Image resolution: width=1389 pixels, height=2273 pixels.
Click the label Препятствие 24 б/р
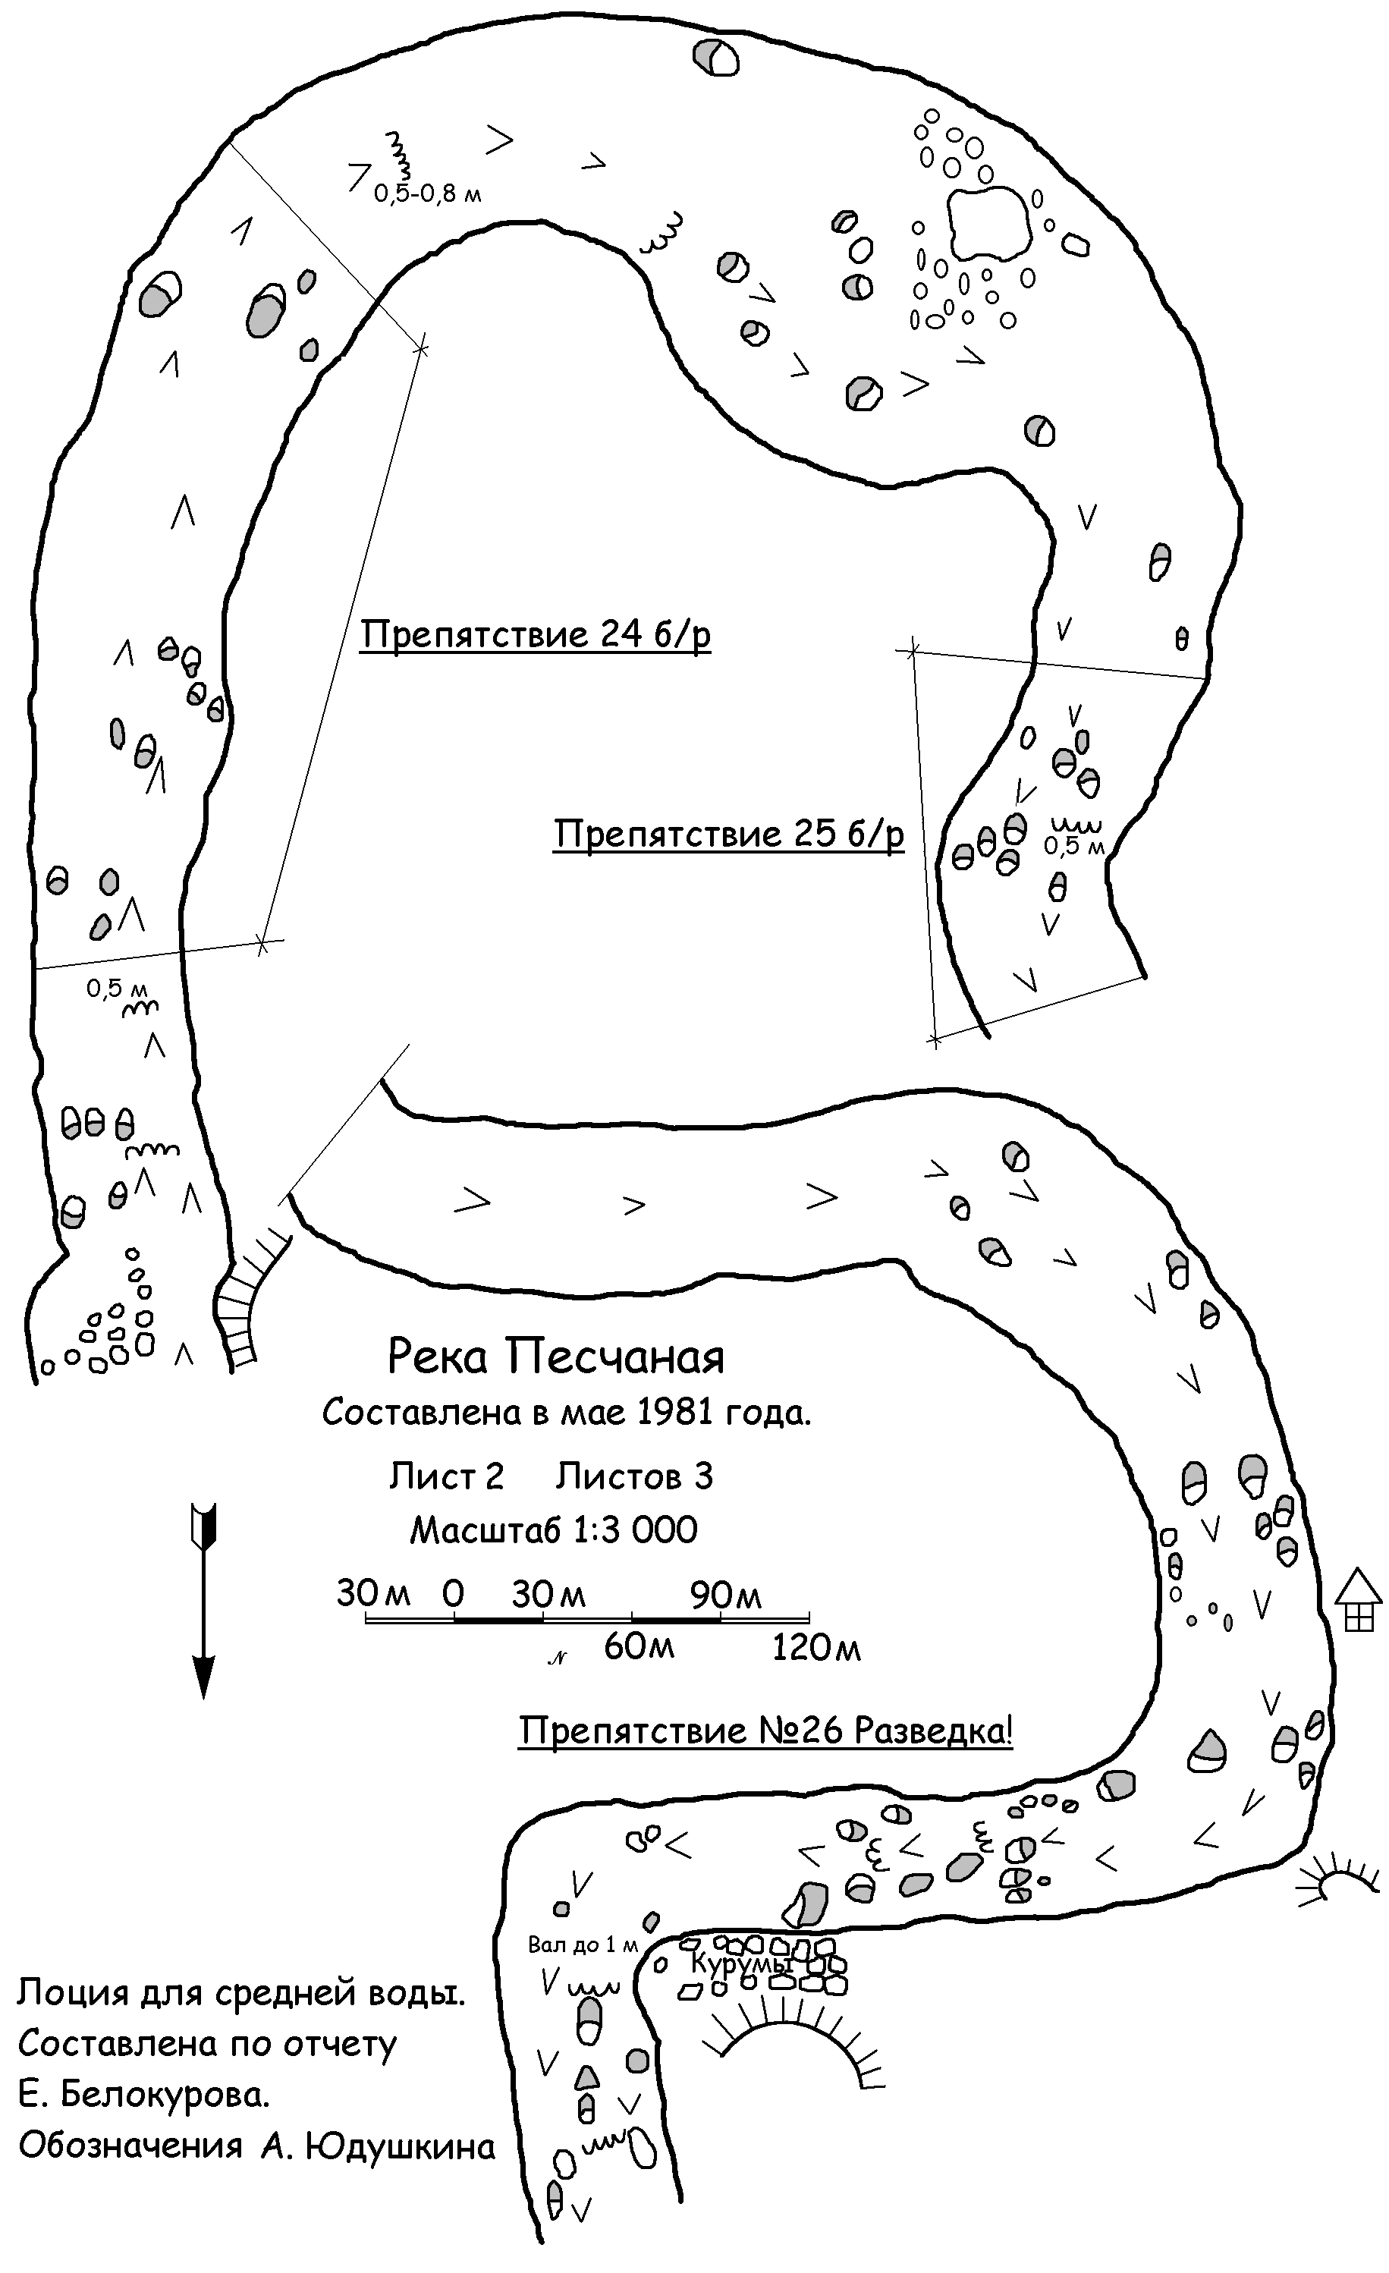click(x=535, y=636)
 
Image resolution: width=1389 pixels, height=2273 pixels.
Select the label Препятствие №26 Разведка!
click(x=765, y=1730)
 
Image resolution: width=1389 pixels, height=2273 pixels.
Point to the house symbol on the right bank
click(x=1359, y=1602)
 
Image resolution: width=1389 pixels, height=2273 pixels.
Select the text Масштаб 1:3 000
click(x=553, y=1530)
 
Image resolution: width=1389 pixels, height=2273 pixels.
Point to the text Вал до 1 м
click(x=583, y=1945)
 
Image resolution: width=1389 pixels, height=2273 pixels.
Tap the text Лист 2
click(x=446, y=1477)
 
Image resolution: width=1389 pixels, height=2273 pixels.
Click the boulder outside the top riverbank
click(x=715, y=56)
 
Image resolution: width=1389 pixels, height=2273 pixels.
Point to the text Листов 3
click(x=634, y=1477)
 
